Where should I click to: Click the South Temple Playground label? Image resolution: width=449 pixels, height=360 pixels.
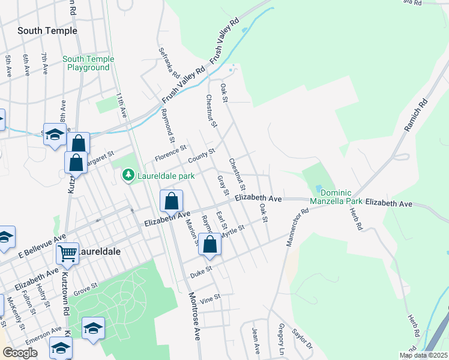88,63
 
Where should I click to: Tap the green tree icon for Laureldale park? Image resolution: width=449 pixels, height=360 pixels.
127,175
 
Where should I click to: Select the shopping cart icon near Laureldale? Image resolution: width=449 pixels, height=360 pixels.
68,254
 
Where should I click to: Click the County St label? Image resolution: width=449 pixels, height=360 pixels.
201,155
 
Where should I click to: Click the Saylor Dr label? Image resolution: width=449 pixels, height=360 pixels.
302,338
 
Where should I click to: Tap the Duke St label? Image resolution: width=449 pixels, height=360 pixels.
201,271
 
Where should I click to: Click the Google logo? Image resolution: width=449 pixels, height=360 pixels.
20,353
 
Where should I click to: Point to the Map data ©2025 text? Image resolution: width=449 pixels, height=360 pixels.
423,355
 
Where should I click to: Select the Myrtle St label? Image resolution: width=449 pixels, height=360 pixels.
233,231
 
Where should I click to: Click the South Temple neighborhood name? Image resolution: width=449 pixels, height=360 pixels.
47,31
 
